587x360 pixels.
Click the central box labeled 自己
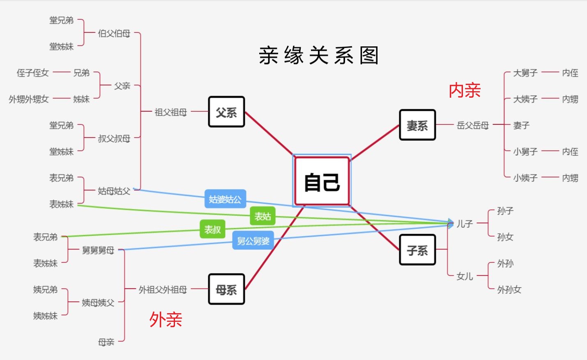[x=322, y=181]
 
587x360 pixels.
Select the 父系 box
[x=226, y=112]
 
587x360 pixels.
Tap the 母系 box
[x=226, y=289]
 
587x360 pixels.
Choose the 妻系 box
[x=417, y=125]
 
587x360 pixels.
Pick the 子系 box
[x=417, y=250]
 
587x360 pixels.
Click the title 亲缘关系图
[x=318, y=55]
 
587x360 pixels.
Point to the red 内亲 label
[x=465, y=90]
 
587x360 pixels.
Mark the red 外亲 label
[x=166, y=319]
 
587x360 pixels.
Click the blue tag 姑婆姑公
[x=225, y=199]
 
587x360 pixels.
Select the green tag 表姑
[x=262, y=216]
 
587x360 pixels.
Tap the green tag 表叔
[x=212, y=229]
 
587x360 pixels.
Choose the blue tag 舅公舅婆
[x=253, y=241]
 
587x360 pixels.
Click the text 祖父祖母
[x=171, y=112]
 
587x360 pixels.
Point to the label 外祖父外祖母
[x=163, y=289]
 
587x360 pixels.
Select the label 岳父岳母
[x=473, y=125]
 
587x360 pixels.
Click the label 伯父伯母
[x=114, y=33]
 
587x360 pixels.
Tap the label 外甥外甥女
[x=29, y=99]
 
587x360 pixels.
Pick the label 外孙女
[x=509, y=289]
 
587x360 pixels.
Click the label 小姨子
[x=525, y=178]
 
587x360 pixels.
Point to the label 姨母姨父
[x=98, y=303]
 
